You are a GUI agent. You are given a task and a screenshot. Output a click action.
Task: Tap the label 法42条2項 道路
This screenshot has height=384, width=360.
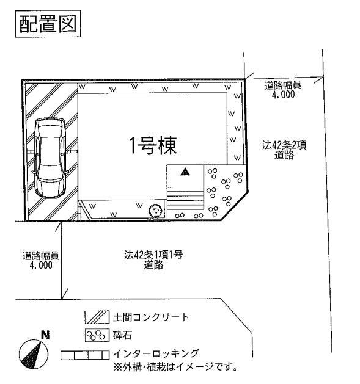point(284,150)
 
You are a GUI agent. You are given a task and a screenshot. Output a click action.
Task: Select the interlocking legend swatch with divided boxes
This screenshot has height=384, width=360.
point(85,354)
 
